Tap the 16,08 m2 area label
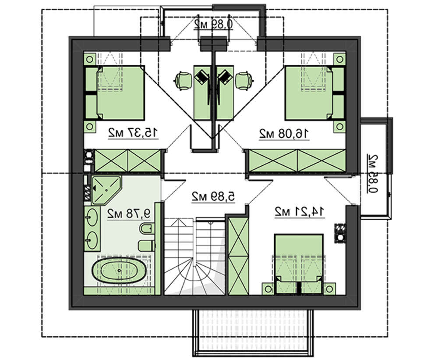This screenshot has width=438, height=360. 284,133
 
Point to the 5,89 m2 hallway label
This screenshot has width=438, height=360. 213,197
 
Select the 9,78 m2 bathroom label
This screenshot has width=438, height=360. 129,214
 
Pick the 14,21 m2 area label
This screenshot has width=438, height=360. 300,212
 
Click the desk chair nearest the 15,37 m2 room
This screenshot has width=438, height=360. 184,80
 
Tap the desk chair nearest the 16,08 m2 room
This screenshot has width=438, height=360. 244,80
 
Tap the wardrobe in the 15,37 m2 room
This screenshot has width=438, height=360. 127,160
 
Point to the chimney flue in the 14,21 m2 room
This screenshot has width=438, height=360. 340,233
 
